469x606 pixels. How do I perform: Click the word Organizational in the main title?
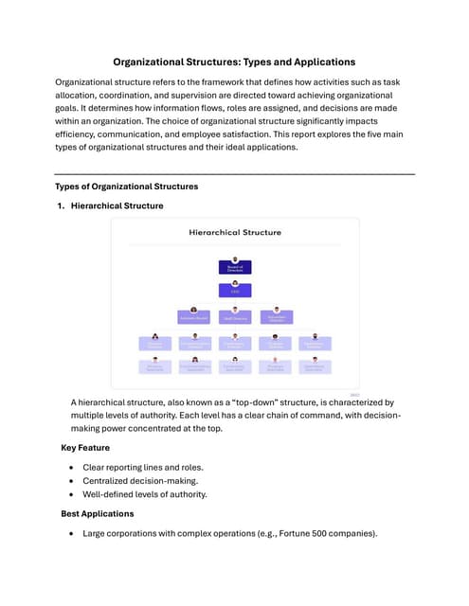(152, 62)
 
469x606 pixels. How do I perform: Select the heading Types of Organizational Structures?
(126, 187)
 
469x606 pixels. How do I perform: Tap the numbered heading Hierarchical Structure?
(117, 205)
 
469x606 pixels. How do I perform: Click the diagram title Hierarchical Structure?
(235, 232)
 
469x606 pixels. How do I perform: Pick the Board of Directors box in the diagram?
(235, 268)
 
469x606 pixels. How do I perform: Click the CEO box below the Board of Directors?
(235, 292)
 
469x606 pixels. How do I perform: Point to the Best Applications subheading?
(97, 513)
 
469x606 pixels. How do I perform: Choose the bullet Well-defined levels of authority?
(146, 494)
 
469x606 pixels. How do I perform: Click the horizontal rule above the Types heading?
(235, 174)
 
